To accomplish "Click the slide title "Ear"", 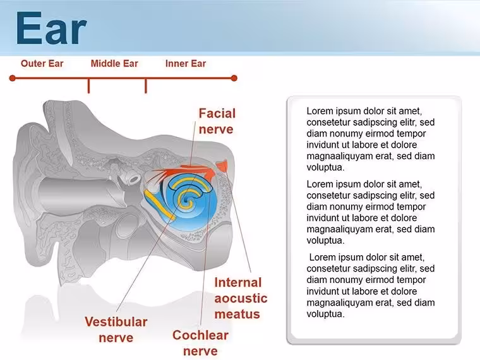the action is click(51, 28).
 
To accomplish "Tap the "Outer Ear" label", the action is click(42, 64).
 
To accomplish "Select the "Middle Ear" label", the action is click(114, 64).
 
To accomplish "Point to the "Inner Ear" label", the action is click(186, 64).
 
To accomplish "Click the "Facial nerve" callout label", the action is click(217, 121).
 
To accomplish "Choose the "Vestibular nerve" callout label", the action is click(116, 330).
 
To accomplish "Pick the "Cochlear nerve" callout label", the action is click(200, 343).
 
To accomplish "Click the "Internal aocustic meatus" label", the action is click(241, 298).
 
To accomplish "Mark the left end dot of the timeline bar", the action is click(12, 78).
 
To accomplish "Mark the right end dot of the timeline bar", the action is click(234, 78).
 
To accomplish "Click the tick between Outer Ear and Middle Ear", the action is click(89, 86).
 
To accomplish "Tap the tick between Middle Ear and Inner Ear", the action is click(146, 86).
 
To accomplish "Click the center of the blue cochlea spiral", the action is click(186, 200).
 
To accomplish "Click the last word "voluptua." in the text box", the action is click(325, 314).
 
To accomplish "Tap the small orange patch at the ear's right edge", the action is click(222, 166).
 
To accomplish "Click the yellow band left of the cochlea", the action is click(159, 205).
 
